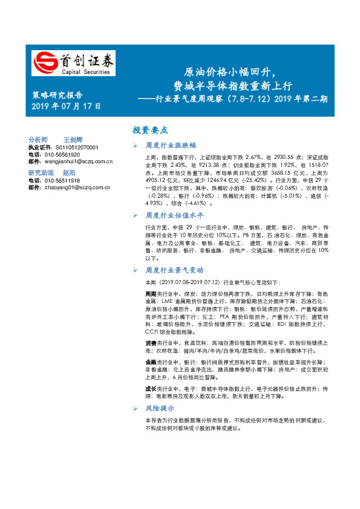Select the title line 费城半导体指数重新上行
click(x=232, y=85)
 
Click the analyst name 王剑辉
click(x=74, y=139)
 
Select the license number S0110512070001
click(x=73, y=148)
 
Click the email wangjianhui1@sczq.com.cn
click(x=78, y=161)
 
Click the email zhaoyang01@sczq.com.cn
click(x=77, y=187)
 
